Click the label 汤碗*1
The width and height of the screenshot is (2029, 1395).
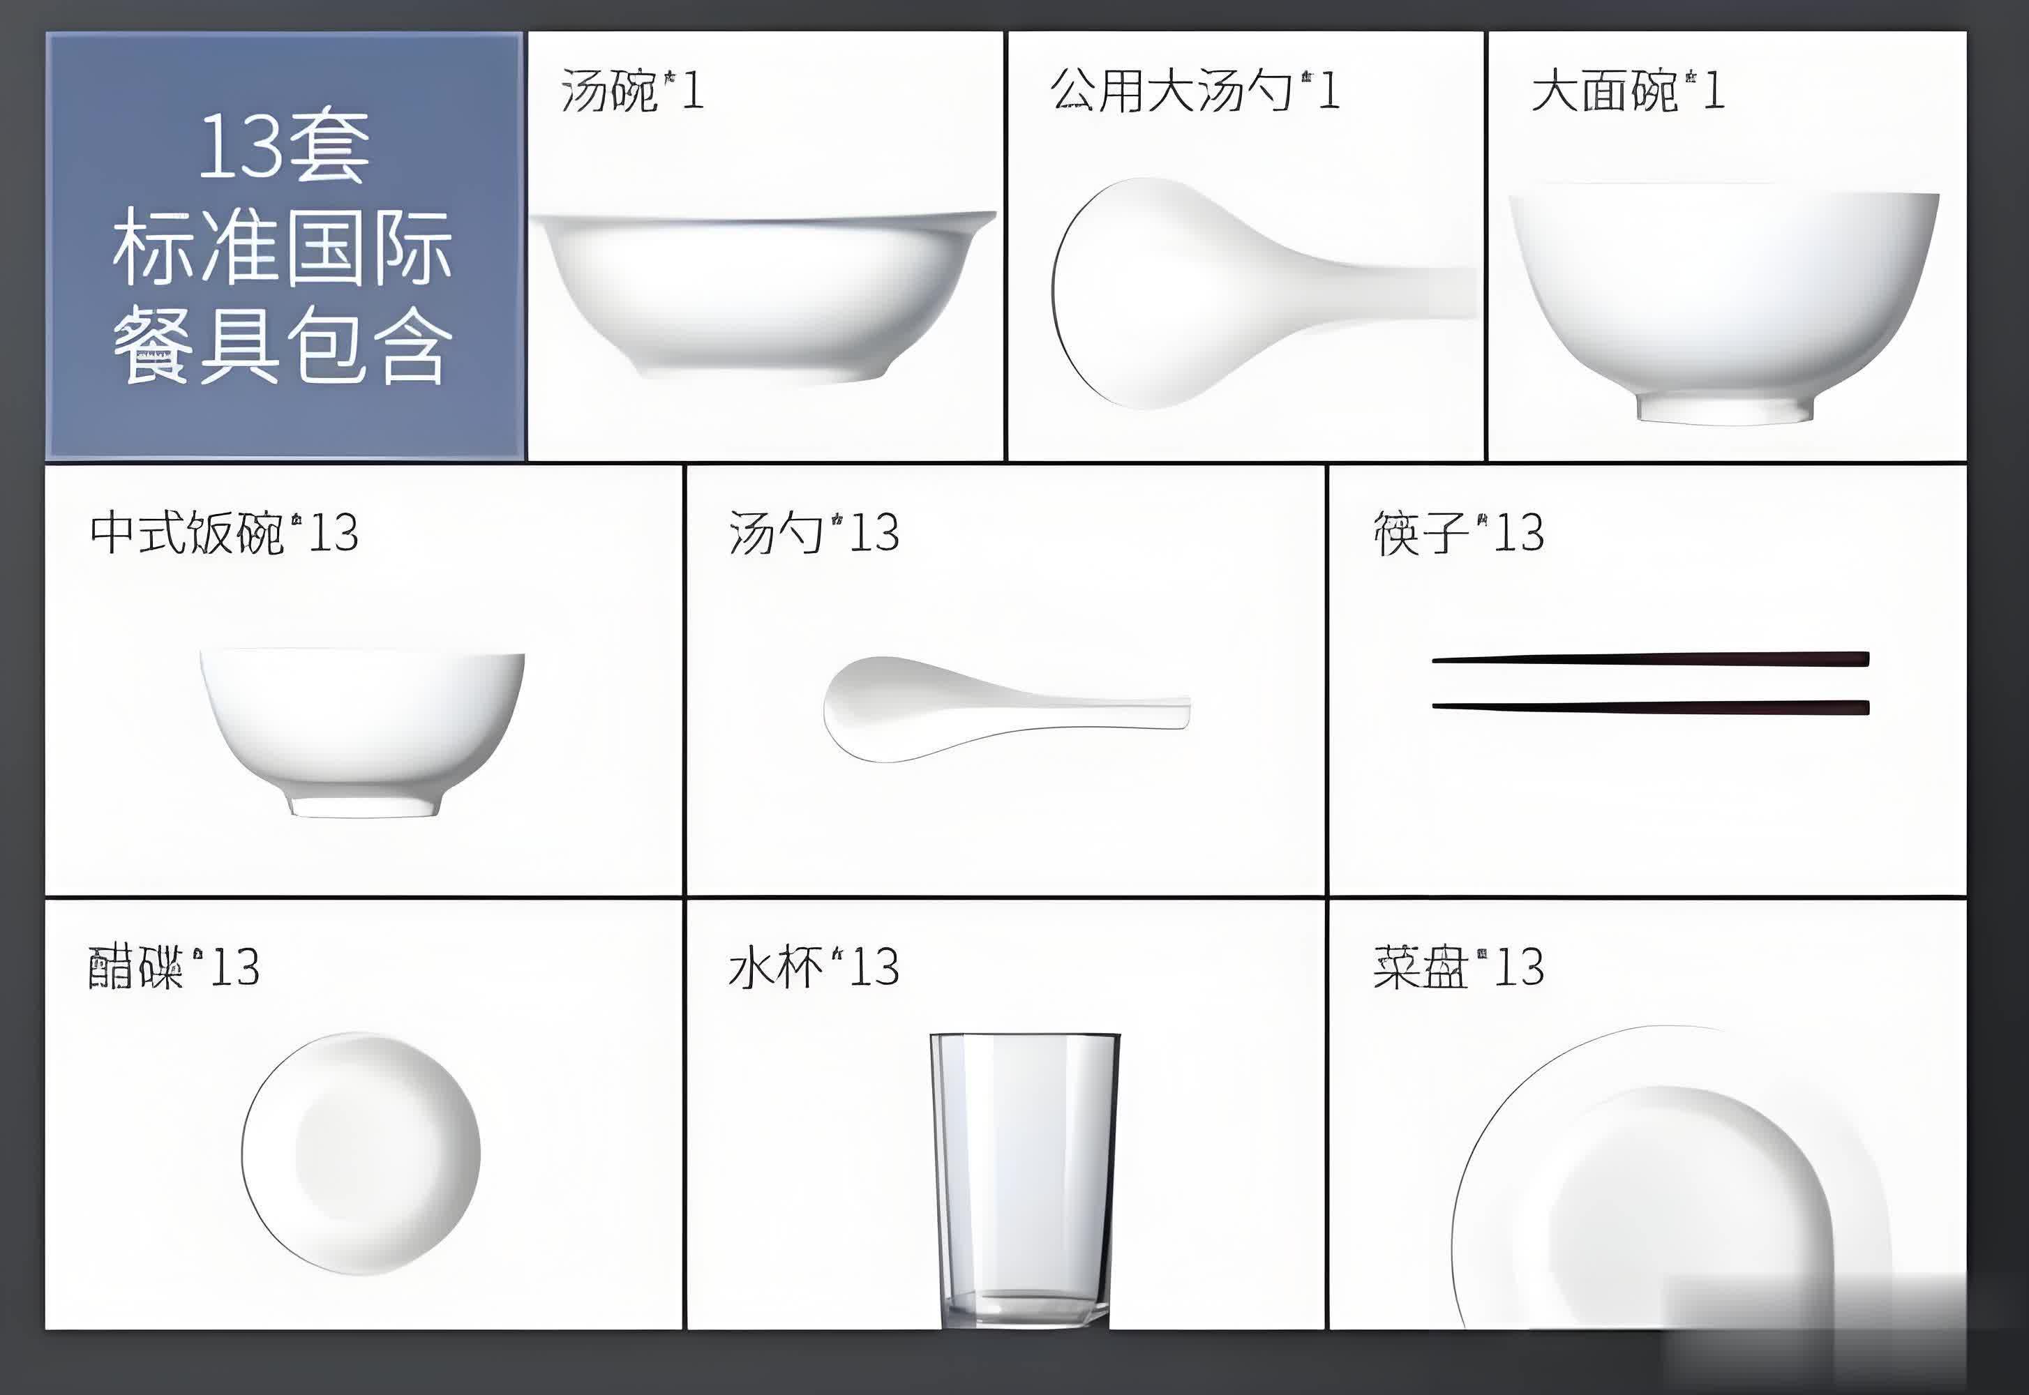coord(632,91)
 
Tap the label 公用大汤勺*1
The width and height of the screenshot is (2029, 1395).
coord(1194,91)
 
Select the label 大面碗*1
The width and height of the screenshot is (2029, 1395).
coord(1628,91)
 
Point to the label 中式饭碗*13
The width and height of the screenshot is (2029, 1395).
coord(224,532)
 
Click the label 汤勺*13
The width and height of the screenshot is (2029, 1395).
coord(814,532)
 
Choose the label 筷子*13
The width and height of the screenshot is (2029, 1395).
coord(1458,532)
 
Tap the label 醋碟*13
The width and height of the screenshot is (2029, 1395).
coord(174,967)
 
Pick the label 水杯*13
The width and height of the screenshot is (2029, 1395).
coord(814,967)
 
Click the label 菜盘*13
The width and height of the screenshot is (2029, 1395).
coord(1458,967)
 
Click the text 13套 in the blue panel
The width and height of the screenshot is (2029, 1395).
coord(284,148)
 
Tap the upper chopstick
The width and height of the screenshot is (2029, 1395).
coord(1650,659)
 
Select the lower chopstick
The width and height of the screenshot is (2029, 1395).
coord(1650,707)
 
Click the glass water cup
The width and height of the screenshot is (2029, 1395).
coord(1024,1180)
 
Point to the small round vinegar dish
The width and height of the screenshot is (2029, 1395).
coord(361,1154)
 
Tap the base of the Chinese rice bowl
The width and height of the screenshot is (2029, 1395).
coord(364,806)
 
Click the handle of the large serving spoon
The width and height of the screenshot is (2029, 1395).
coord(1390,289)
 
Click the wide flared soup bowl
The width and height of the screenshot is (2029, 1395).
coord(763,297)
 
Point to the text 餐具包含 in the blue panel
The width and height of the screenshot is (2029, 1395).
coord(283,346)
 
